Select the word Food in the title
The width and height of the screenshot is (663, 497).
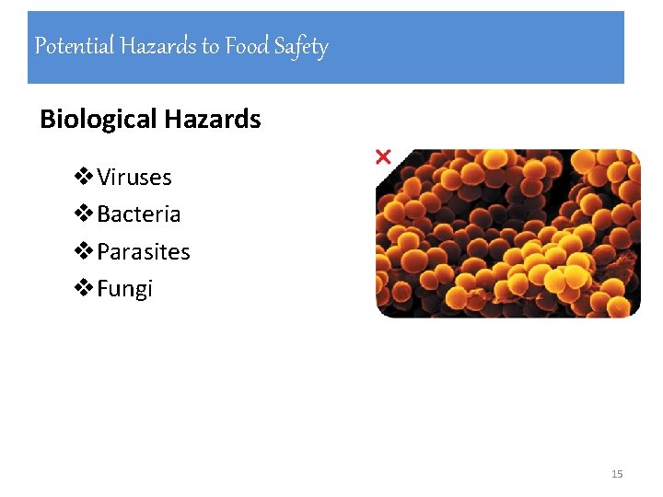(247, 46)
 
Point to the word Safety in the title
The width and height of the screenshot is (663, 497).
(300, 47)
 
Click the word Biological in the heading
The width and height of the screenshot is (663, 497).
(99, 120)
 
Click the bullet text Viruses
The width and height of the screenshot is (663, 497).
(134, 177)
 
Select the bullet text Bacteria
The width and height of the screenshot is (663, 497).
(138, 214)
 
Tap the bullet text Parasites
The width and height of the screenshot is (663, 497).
(144, 252)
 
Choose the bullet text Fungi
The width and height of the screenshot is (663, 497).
(125, 290)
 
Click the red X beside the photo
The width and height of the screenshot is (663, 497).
(383, 157)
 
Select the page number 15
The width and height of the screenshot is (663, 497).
(617, 474)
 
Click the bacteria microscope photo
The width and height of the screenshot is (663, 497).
(507, 234)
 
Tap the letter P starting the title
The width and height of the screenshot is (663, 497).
(40, 46)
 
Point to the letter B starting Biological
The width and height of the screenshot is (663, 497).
(48, 120)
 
